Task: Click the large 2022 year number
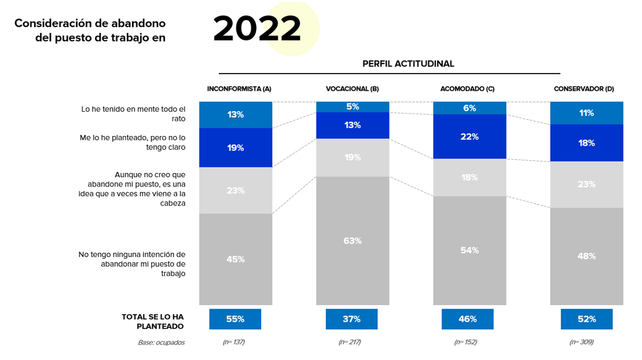click(x=257, y=28)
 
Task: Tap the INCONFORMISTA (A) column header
click(x=239, y=89)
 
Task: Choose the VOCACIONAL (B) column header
click(x=352, y=89)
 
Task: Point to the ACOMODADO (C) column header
click(x=467, y=89)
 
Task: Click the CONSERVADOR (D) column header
click(x=584, y=89)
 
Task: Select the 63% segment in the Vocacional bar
click(x=352, y=241)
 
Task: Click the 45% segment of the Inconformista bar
click(x=236, y=259)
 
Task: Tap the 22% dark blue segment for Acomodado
click(x=469, y=137)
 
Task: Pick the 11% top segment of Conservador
click(x=586, y=113)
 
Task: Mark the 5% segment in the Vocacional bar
click(x=352, y=106)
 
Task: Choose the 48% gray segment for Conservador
click(x=586, y=256)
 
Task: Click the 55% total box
click(x=235, y=319)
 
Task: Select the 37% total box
click(x=351, y=319)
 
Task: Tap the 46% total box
click(x=467, y=319)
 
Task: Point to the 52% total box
click(x=586, y=319)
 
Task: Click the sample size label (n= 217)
click(x=350, y=342)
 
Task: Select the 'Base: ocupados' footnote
click(x=161, y=342)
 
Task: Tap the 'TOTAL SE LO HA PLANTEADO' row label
click(x=152, y=321)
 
